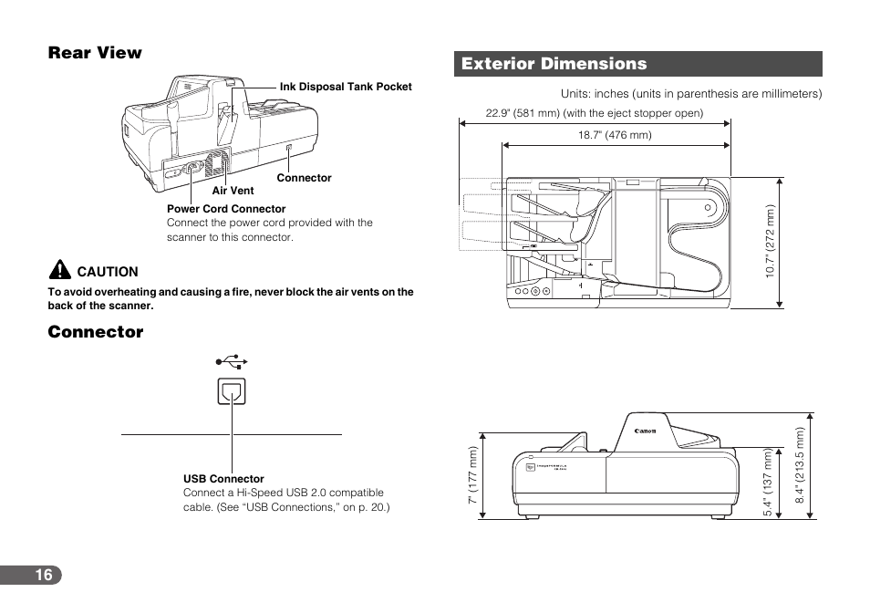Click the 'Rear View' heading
[95, 53]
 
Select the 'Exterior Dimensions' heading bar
[638, 64]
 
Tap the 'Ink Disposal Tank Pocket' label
[346, 88]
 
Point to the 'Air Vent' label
[233, 191]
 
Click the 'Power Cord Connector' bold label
[226, 209]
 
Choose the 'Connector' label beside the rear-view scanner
[304, 178]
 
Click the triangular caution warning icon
[59, 270]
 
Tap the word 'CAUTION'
[108, 272]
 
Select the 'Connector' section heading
[96, 332]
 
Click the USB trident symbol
[232, 362]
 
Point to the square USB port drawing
[232, 390]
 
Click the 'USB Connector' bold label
[223, 479]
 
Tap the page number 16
[44, 575]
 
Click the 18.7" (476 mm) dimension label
[615, 135]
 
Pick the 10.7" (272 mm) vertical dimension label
[771, 242]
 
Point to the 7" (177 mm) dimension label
[473, 477]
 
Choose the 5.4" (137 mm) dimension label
[769, 483]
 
